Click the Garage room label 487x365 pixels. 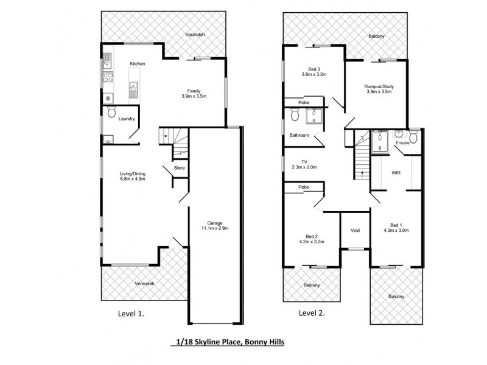(213, 222)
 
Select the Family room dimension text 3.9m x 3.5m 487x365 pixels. (194, 96)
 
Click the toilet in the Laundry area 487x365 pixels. (111, 113)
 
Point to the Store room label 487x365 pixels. (179, 168)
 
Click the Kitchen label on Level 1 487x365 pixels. (137, 64)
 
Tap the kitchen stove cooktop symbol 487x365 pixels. (107, 77)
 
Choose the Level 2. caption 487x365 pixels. (311, 314)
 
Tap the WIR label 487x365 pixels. (395, 173)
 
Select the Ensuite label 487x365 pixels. (403, 143)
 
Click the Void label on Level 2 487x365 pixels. (356, 231)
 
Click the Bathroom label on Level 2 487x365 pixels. (300, 135)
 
